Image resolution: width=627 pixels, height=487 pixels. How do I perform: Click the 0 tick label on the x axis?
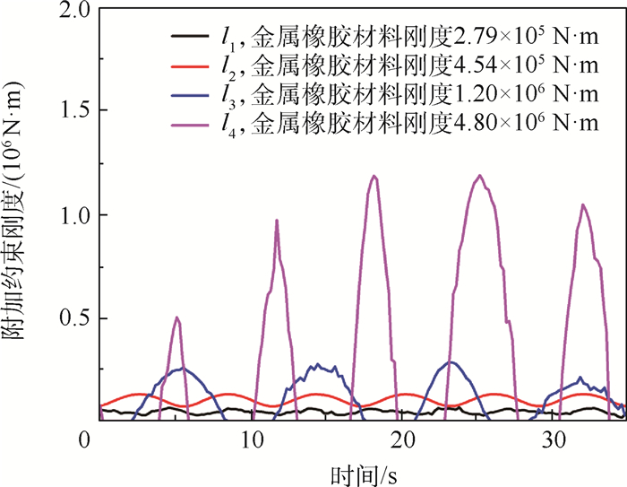click(84, 440)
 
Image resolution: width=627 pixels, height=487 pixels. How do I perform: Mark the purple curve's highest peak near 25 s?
click(480, 176)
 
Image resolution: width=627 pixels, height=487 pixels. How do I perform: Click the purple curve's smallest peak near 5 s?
click(177, 317)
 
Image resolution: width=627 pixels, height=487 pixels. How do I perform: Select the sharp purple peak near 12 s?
click(277, 221)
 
